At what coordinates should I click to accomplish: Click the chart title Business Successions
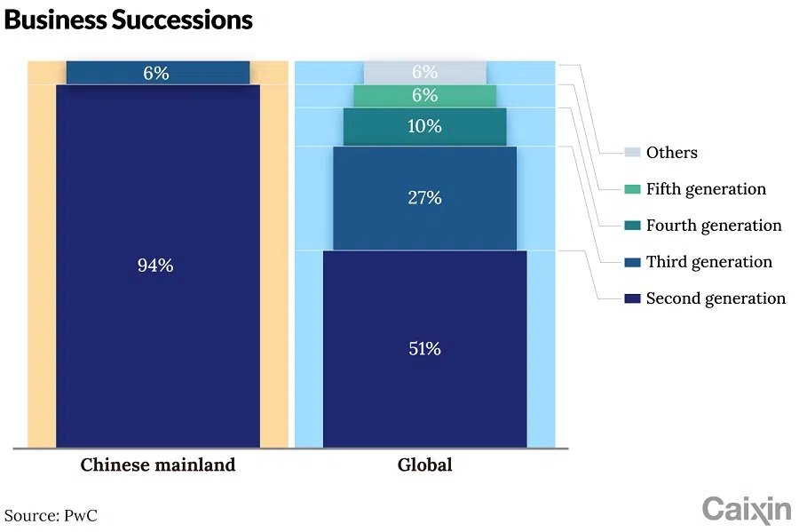129,20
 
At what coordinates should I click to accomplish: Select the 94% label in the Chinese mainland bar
155,265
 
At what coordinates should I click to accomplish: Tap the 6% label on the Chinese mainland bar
155,74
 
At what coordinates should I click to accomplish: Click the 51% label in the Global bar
424,348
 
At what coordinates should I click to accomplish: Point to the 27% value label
424,197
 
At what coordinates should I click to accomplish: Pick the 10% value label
424,126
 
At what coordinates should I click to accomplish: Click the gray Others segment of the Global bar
382,73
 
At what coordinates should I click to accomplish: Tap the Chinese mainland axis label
158,465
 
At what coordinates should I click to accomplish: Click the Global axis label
424,465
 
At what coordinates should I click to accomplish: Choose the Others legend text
671,153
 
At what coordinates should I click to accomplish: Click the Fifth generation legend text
706,189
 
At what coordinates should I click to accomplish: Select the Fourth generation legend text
714,226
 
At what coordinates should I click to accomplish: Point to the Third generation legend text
708,262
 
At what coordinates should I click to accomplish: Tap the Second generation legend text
716,298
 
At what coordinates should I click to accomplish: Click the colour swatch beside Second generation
632,298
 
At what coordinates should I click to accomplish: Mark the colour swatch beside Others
632,153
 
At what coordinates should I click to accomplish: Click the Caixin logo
746,509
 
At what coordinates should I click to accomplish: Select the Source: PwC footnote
50,514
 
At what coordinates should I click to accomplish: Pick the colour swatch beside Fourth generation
632,226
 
